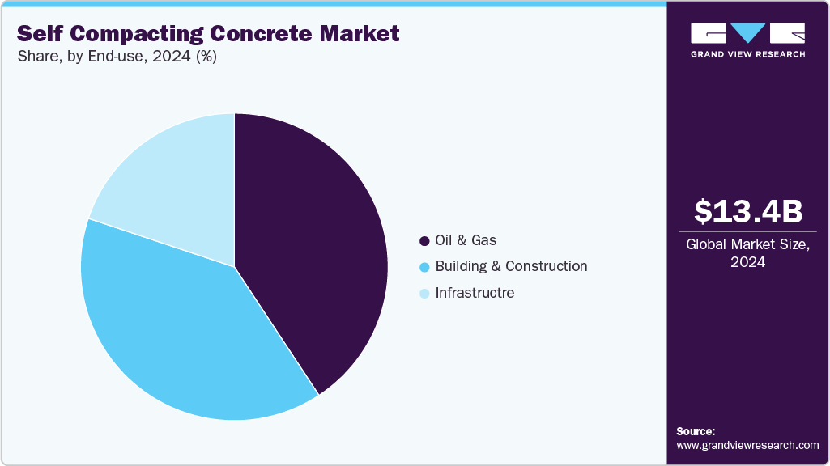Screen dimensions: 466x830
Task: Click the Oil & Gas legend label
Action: tap(466, 240)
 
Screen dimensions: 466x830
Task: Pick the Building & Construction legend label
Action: tap(511, 266)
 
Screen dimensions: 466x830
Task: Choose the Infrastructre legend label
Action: tap(475, 292)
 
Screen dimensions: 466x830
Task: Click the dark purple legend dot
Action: tap(424, 241)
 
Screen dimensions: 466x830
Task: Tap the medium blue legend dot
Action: tap(424, 267)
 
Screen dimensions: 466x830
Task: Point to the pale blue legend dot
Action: tap(424, 293)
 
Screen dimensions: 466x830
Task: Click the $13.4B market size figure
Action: tap(747, 211)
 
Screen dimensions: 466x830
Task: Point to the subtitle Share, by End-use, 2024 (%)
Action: tap(117, 57)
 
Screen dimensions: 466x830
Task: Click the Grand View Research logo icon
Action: tap(747, 33)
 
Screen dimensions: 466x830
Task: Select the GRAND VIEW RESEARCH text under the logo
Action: tap(747, 54)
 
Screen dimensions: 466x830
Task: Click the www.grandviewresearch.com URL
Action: tap(747, 445)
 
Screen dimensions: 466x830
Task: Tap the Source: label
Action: tap(696, 431)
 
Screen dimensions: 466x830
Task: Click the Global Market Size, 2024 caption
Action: tap(747, 252)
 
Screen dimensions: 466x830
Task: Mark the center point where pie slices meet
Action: tap(235, 266)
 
